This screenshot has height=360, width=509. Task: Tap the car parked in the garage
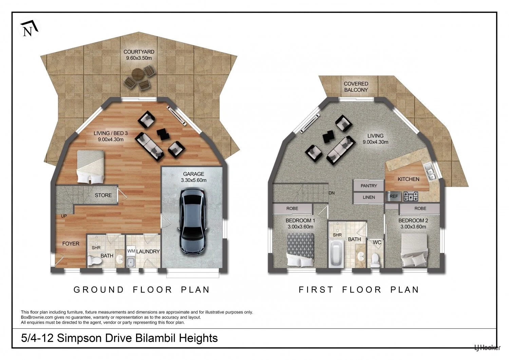[x=193, y=222]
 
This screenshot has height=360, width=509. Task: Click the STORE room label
[x=103, y=195]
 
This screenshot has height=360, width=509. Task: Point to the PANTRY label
[x=369, y=186]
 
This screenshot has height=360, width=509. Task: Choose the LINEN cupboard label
[x=369, y=197]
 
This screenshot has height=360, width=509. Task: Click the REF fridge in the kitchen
[x=394, y=197]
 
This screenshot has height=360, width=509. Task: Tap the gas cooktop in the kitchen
[x=411, y=197]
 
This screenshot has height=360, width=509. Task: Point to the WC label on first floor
[x=377, y=242]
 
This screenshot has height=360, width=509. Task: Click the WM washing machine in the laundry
[x=131, y=251]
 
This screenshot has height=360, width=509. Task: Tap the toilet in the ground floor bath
[x=94, y=260]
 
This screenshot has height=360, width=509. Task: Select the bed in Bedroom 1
[x=300, y=250]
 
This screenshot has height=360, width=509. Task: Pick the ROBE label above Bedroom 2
[x=420, y=209]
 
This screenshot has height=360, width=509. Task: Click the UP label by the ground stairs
[x=64, y=216]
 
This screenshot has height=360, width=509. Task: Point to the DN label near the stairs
[x=332, y=193]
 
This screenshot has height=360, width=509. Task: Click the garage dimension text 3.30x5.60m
[x=194, y=180]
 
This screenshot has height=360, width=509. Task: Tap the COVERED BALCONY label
[x=356, y=87]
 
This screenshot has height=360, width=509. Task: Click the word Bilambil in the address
[x=155, y=338]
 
